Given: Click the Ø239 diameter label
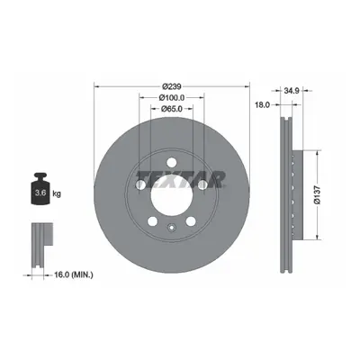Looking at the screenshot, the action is tap(172, 86).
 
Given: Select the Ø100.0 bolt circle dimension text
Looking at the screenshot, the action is tap(172, 97).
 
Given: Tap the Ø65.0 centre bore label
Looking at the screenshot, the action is tap(172, 109).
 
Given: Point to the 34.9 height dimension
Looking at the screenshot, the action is tap(292, 90).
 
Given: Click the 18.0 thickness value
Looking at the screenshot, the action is tap(263, 104).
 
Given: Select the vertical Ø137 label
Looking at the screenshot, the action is tap(317, 195).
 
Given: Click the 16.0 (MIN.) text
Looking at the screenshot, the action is tap(74, 274).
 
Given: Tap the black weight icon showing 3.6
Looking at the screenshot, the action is tap(40, 189).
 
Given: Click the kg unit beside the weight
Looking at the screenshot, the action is tap(57, 193).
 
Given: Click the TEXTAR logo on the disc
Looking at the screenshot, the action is tap(180, 179).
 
